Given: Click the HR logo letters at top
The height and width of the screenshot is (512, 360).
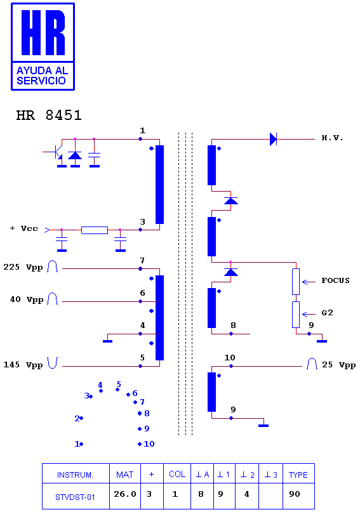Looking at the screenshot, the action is pos(43,32).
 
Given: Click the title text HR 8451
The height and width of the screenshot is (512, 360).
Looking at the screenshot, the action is pos(49,115).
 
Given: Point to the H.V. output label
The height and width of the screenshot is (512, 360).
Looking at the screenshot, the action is pos(332,138).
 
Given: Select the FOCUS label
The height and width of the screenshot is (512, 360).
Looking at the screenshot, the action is pos(335,280).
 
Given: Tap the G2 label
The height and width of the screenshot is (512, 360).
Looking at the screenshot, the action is pos(328,313).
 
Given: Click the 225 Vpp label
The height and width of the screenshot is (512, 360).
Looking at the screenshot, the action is pos(23,267).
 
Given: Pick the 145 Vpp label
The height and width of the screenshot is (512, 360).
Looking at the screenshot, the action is pos(23,365).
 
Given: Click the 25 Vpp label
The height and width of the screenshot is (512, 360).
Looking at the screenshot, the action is pos(339,365).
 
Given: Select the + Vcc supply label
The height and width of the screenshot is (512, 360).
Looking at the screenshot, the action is pos(24,228).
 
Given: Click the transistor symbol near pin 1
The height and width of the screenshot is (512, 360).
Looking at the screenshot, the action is pos(58,152).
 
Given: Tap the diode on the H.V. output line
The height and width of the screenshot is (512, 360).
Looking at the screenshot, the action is pos(273,139).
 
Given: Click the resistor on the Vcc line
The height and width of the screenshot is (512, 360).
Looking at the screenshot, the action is pos(95,230).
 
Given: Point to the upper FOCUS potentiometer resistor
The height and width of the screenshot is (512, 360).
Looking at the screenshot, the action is pos(296,282).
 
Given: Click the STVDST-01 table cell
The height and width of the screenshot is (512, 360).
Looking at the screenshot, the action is pos(76,496).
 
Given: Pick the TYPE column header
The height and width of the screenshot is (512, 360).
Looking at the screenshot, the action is pos(298,474).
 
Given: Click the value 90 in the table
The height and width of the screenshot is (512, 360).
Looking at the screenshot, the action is pos(294,494).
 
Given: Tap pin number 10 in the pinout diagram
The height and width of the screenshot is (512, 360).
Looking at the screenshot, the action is pos(149,443).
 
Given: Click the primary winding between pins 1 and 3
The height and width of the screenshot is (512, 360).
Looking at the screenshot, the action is pos(159,185).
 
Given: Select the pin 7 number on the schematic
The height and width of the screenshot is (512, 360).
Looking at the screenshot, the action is pos(142,261).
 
